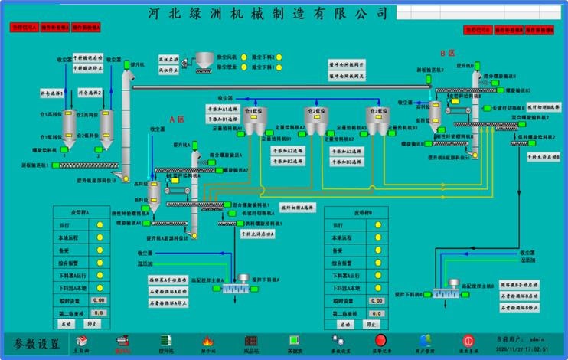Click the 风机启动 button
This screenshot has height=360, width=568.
pos(167,58)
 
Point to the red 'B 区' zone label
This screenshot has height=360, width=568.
pos(447,53)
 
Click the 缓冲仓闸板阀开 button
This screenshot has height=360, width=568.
pos(348,64)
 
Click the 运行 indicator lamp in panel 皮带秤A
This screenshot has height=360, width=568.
pos(100,225)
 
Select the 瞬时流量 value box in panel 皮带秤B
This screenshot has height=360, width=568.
pos(376,301)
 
